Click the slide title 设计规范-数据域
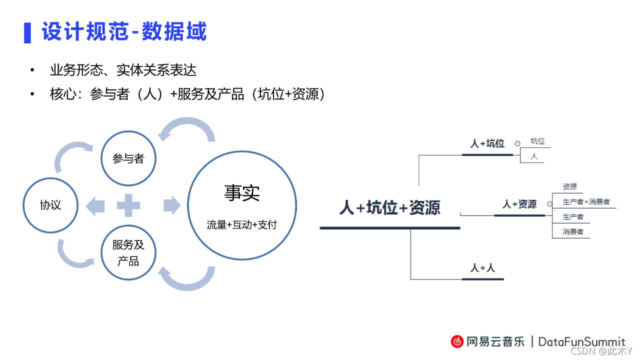[124, 32]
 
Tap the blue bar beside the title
[27, 32]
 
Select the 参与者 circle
[128, 158]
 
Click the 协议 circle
[50, 205]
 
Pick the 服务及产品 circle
[128, 252]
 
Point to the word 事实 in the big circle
[242, 193]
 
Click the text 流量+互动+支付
[242, 224]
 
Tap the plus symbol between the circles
[128, 205]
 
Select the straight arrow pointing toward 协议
[95, 205]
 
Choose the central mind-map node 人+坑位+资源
[389, 207]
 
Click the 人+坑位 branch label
[487, 143]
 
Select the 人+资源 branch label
[519, 204]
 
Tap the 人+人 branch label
[482, 268]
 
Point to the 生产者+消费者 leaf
[586, 202]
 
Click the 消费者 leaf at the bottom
[573, 232]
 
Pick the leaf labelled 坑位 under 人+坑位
[537, 141]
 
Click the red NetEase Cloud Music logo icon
[457, 341]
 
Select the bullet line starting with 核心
[187, 94]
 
